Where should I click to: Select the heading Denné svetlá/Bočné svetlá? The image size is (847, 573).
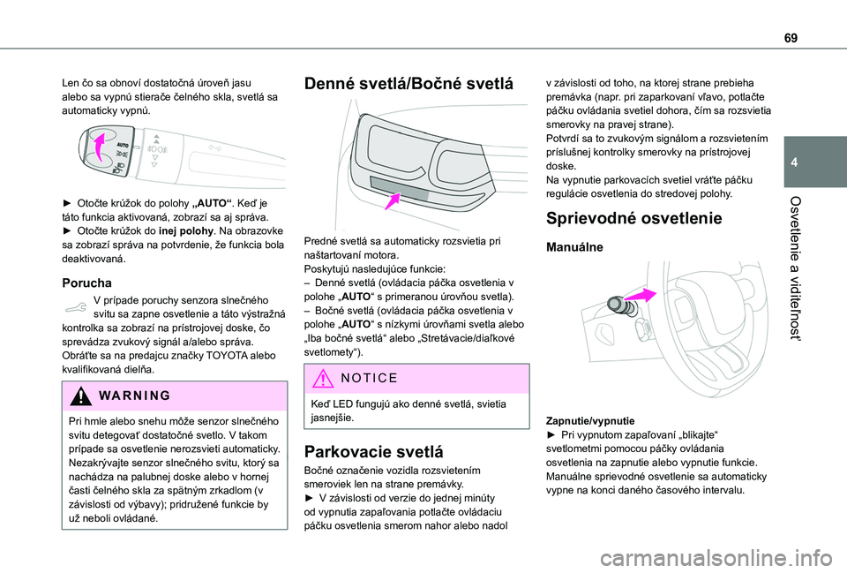408,85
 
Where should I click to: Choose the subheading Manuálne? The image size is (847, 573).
576,248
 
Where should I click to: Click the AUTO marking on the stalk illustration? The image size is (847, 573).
124,143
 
